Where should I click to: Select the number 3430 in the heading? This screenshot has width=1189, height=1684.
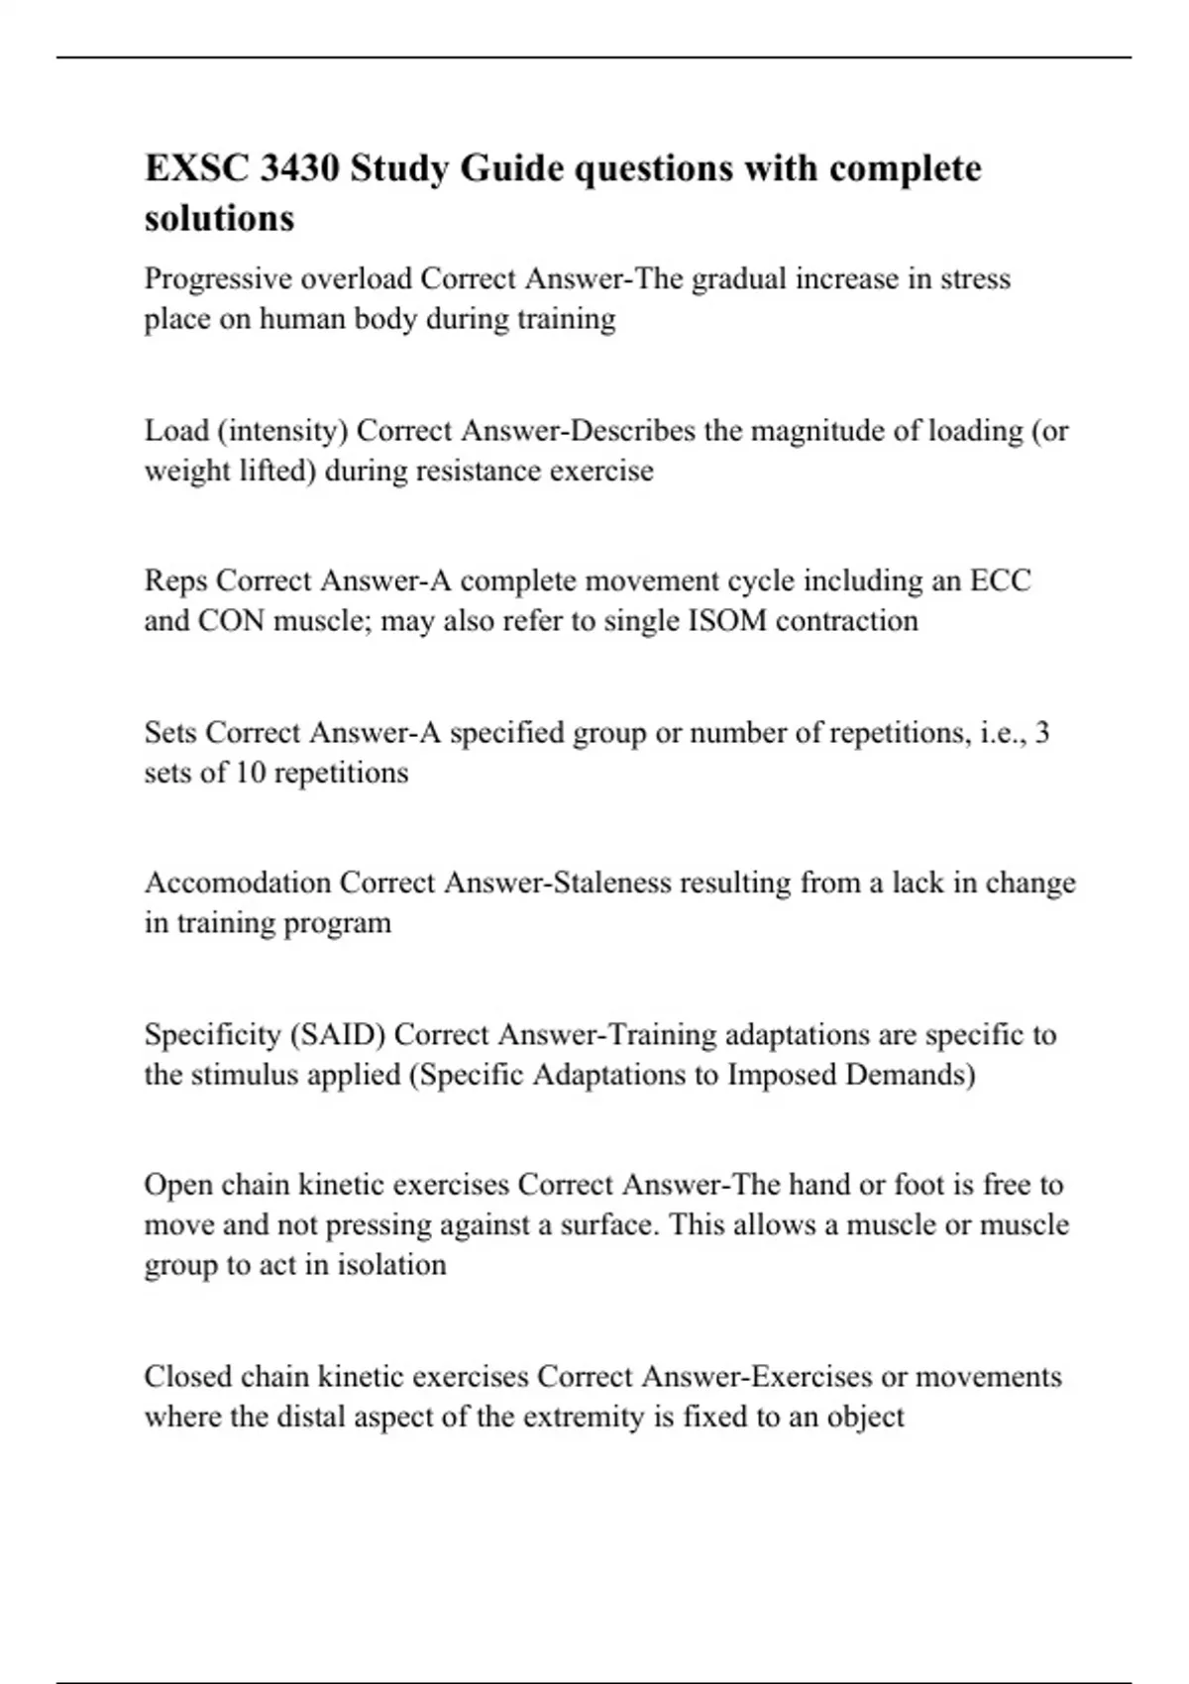pos(299,168)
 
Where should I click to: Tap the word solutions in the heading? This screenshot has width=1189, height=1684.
pos(219,218)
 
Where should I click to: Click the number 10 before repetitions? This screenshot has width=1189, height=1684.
pos(251,772)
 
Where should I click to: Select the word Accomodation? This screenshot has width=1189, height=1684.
pos(238,882)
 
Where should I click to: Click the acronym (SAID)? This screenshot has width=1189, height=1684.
pos(337,1034)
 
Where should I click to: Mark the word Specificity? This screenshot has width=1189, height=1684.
pos(212,1034)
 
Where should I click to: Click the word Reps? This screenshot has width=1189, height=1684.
pos(175,579)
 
